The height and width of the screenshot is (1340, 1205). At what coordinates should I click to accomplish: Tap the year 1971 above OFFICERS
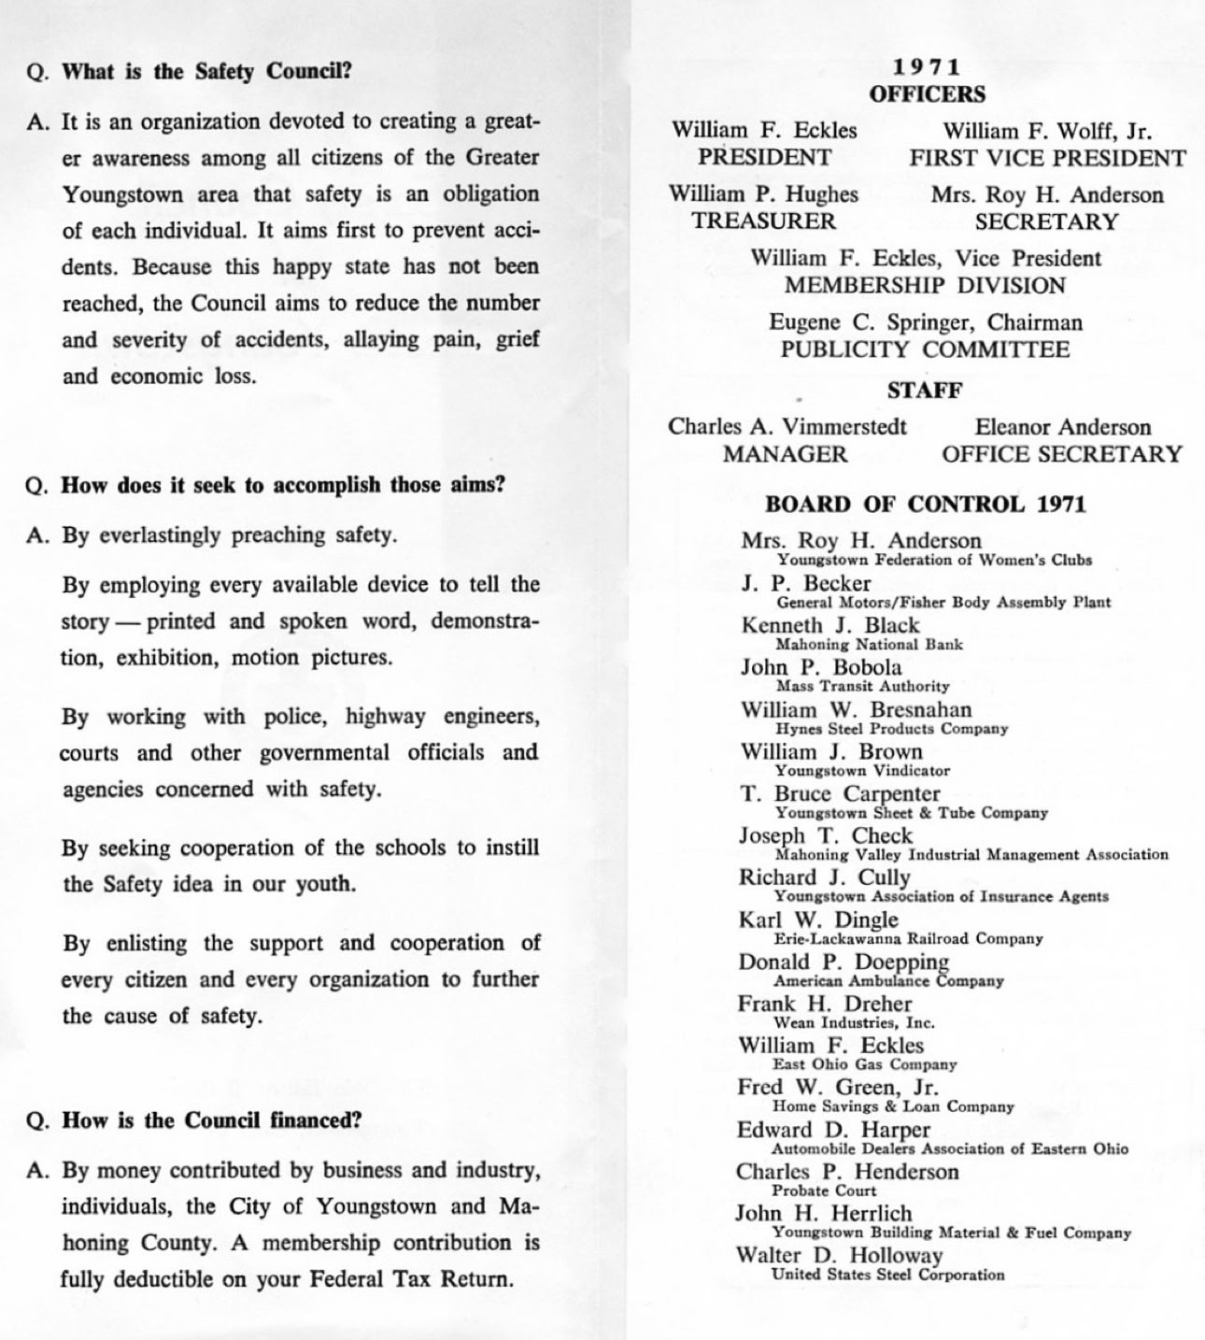926,67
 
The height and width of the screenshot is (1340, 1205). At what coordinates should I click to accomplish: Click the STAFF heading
925,390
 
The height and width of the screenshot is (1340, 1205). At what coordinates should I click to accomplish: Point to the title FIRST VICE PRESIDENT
1047,158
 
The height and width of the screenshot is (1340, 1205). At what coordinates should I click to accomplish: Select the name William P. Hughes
763,194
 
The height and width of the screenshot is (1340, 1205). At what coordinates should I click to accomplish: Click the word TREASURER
763,221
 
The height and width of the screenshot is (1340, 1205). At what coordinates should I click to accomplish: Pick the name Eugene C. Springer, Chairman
926,322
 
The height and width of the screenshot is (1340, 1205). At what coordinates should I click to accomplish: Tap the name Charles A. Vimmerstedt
787,427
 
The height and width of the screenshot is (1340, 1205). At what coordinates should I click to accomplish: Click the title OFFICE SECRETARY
1061,454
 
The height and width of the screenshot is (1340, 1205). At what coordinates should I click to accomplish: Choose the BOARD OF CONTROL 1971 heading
925,505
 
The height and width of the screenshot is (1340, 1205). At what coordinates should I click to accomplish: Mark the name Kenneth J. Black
830,625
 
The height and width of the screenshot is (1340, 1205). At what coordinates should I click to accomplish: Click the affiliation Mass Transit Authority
862,686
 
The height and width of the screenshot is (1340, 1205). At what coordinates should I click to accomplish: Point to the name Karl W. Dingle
818,919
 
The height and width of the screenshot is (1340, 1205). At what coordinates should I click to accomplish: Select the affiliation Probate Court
824,1190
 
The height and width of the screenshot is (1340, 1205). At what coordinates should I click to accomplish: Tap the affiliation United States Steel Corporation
888,1275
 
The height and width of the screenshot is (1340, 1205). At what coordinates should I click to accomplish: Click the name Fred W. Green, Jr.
837,1088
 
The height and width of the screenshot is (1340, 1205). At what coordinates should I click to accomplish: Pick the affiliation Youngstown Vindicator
862,771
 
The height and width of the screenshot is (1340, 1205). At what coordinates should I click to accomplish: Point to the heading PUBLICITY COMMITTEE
925,349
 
